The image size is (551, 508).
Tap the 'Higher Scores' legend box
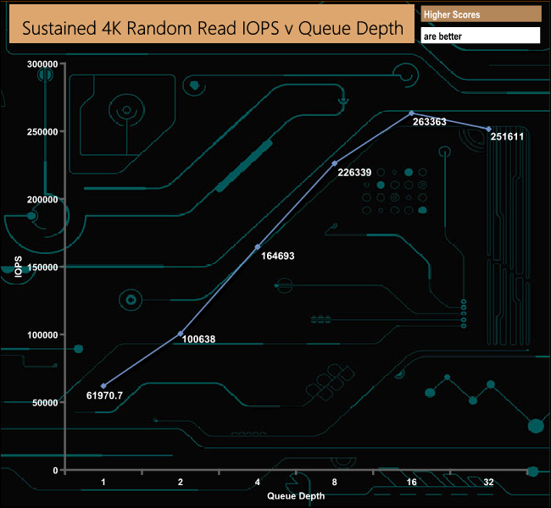tap(480, 14)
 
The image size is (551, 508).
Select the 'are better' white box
tap(480, 36)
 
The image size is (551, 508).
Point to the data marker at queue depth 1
tap(103, 386)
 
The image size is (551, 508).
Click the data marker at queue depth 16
tap(412, 113)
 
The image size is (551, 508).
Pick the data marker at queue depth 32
tap(489, 129)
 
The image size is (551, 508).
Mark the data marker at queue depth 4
tap(258, 246)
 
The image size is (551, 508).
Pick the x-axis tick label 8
tap(335, 482)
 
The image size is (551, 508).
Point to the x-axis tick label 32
tap(489, 482)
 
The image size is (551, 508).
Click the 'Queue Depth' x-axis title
tap(296, 494)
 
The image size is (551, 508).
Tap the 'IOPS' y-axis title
tap(19, 266)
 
